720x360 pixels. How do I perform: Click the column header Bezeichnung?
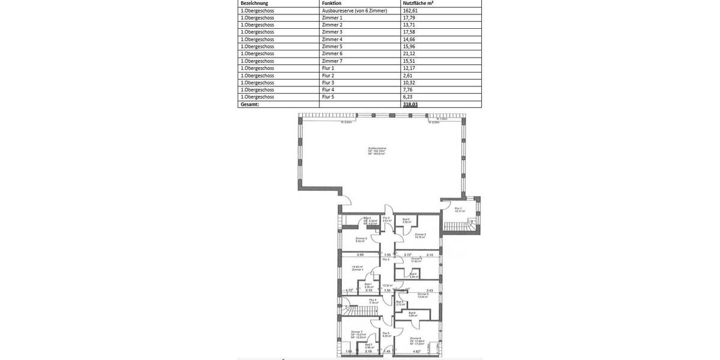[254, 3]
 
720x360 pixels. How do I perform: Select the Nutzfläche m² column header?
[418, 3]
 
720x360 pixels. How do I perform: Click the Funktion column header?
[332, 3]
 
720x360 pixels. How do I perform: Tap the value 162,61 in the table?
[410, 11]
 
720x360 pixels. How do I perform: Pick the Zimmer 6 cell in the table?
[332, 53]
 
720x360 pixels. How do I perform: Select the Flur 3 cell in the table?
[328, 82]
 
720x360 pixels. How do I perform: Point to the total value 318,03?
[410, 104]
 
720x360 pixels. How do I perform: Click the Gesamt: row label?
[250, 104]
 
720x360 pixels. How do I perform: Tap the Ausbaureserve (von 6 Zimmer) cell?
[355, 11]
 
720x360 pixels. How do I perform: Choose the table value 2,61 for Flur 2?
[407, 75]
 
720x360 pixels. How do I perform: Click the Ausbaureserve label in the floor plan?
[377, 148]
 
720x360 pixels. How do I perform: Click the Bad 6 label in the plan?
[412, 313]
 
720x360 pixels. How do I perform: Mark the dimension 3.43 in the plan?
[430, 290]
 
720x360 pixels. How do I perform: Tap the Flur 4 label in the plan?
[373, 300]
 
